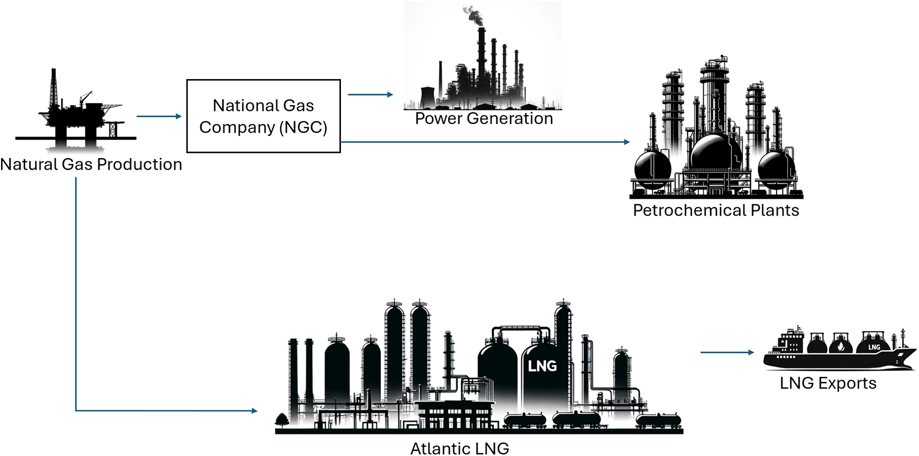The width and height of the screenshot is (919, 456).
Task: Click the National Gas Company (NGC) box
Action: (263, 116)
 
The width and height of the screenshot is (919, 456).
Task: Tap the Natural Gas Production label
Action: (91, 164)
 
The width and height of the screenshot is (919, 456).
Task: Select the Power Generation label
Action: (484, 118)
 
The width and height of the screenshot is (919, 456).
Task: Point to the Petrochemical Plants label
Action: (716, 210)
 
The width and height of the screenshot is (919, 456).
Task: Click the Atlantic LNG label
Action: (459, 449)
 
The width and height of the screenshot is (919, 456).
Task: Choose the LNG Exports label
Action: (828, 383)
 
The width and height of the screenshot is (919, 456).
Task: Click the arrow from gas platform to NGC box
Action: (159, 116)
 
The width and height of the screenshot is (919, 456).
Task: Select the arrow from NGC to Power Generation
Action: (370, 95)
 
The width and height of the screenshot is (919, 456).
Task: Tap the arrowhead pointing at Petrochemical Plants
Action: (627, 142)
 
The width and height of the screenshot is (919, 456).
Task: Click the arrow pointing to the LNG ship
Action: (727, 352)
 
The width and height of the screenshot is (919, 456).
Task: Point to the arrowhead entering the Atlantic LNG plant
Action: (254, 411)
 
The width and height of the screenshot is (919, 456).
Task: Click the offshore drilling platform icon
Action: (79, 115)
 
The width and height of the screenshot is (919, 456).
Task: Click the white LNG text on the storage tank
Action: (542, 366)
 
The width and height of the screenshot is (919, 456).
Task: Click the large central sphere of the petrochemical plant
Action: (716, 152)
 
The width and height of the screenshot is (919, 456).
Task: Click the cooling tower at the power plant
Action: (427, 97)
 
